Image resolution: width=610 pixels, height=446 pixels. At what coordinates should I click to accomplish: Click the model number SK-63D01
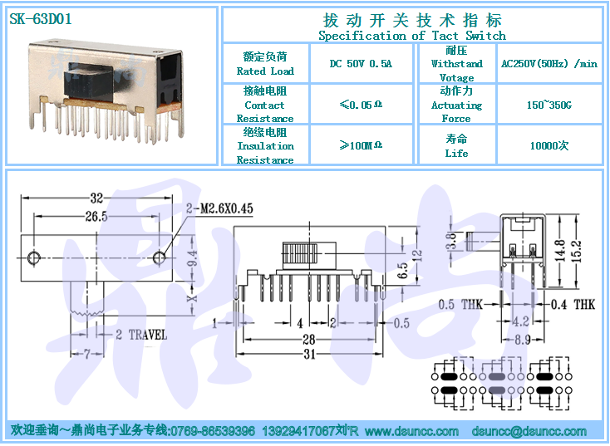point(41,19)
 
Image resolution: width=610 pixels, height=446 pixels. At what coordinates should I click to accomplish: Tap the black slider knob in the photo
point(89,82)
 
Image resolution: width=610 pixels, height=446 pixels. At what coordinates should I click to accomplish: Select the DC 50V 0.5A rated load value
point(361,64)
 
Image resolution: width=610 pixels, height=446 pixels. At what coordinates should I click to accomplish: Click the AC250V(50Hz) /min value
point(549,64)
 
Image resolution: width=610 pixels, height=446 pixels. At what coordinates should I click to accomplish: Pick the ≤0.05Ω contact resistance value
point(361,105)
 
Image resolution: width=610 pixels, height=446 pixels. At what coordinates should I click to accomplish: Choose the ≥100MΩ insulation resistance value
point(361,145)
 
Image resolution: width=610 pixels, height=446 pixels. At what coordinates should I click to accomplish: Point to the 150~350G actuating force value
point(549,105)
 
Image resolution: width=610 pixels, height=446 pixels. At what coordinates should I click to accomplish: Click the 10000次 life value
point(549,146)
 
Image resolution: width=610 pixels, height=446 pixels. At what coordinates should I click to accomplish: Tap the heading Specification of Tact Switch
point(412,36)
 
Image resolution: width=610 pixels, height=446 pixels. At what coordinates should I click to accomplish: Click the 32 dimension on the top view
point(96,198)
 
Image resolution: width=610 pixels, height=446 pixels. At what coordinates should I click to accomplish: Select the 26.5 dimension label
point(96,216)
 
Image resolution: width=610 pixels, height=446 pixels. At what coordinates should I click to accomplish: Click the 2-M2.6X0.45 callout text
point(219,208)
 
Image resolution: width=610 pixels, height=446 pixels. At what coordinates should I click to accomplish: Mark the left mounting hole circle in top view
point(34,257)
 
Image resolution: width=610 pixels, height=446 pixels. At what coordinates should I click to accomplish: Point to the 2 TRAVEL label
point(141,335)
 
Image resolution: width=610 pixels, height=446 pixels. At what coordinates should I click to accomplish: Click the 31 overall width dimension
point(309,354)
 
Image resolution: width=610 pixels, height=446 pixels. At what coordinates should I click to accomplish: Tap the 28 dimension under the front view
point(309,340)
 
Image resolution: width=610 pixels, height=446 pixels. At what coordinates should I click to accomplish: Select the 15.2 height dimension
point(577,251)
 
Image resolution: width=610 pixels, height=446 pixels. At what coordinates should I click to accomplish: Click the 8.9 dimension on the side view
point(523,340)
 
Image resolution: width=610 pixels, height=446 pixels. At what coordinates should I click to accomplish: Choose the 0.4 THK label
point(573,304)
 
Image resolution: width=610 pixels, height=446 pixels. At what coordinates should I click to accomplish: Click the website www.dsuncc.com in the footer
point(411,431)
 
